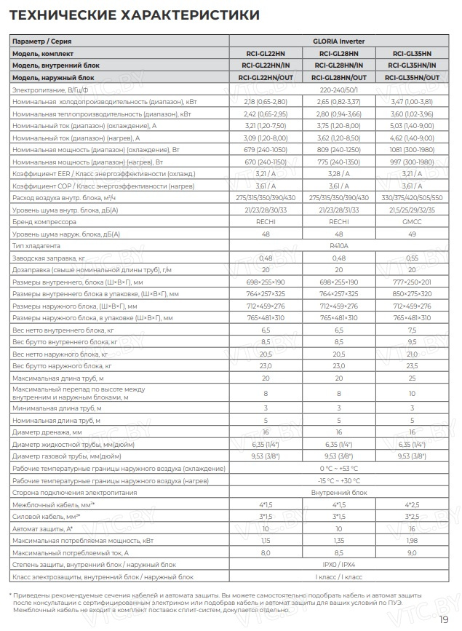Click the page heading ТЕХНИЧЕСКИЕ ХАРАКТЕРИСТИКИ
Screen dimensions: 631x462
(134, 15)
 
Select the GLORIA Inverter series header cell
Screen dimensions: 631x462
(340, 41)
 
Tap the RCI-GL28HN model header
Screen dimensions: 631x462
(340, 53)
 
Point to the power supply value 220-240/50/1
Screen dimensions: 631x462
(340, 89)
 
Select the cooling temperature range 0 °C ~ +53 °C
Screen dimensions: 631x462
(340, 468)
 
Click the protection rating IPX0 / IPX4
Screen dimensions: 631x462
(340, 564)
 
